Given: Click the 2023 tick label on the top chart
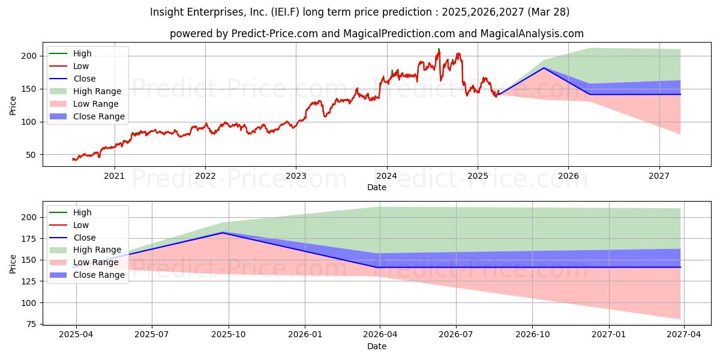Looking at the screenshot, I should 296,176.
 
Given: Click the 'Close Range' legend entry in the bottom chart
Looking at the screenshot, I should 98,275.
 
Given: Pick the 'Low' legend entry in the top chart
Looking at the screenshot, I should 82,66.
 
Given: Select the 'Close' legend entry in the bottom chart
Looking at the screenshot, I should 84,238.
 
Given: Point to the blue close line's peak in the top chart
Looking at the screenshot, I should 544,68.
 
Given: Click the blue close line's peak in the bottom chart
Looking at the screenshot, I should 223,232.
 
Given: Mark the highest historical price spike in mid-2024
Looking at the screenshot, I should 439,49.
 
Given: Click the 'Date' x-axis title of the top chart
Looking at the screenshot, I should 376,187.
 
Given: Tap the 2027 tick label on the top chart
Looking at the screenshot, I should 659,176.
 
